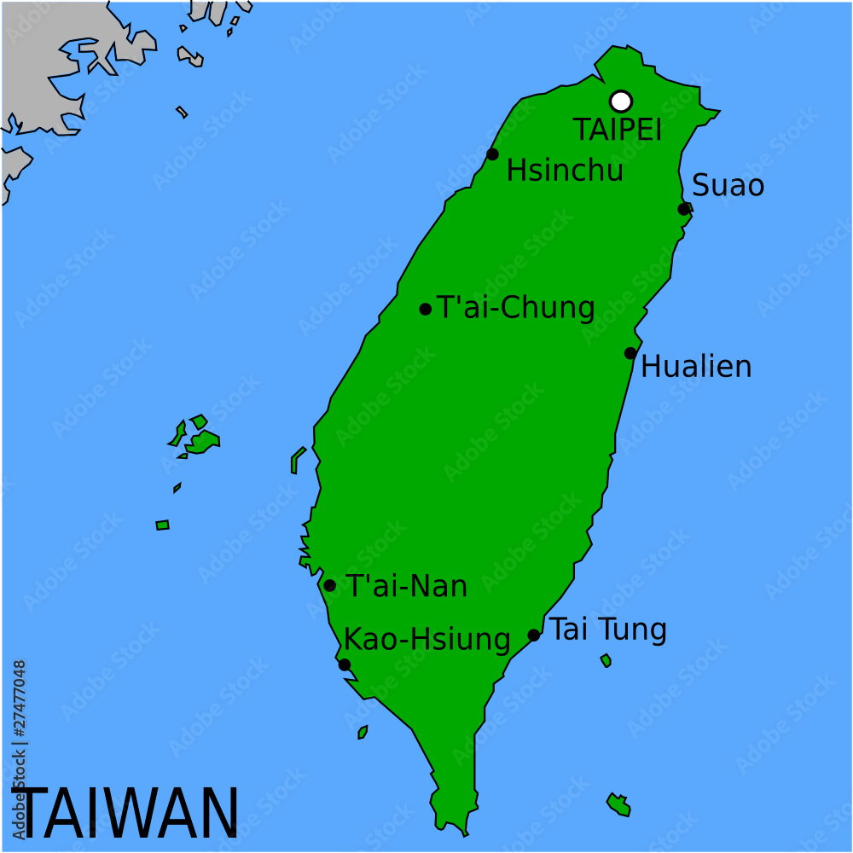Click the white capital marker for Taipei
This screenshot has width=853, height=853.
pos(621,101)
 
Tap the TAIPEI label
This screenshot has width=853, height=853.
pos(617,131)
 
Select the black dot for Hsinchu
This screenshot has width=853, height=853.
pos(492,154)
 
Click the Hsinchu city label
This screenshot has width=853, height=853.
pos(565,170)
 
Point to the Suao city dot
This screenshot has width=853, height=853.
pos(683,209)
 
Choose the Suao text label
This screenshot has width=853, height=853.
pos(728,185)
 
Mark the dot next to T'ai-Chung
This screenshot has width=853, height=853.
pos(426,309)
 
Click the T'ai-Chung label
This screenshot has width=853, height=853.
pos(515,308)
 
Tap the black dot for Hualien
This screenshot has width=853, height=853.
pos(630,353)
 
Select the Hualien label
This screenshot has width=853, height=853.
pos(696,367)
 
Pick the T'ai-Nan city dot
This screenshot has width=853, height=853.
pos(329,585)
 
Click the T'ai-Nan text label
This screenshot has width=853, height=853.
pos(406,586)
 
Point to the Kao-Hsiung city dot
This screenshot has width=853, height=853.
pos(344,664)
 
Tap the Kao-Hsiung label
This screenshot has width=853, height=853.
pos(426,639)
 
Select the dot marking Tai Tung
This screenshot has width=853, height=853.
pos(534,635)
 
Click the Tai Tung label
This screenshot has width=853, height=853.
pos(607,630)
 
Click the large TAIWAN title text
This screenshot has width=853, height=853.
pos(128,813)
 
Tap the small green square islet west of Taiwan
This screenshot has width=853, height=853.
pos(162,525)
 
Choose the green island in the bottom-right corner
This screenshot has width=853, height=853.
pos(618,804)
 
